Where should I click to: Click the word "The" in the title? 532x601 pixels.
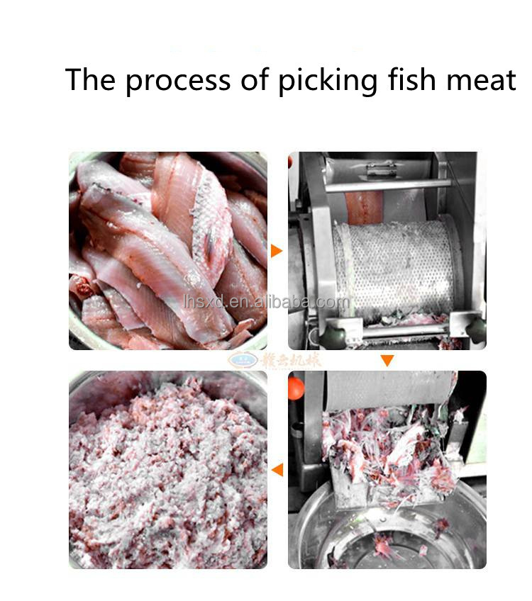90,81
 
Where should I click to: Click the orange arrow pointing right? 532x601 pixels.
277,251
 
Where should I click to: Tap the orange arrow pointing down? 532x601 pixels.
387,361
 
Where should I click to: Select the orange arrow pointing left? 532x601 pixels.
277,469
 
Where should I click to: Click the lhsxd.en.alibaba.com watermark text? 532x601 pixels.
266,302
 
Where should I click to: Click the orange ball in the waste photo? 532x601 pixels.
296,386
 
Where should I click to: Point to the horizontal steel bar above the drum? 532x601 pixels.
387,186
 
